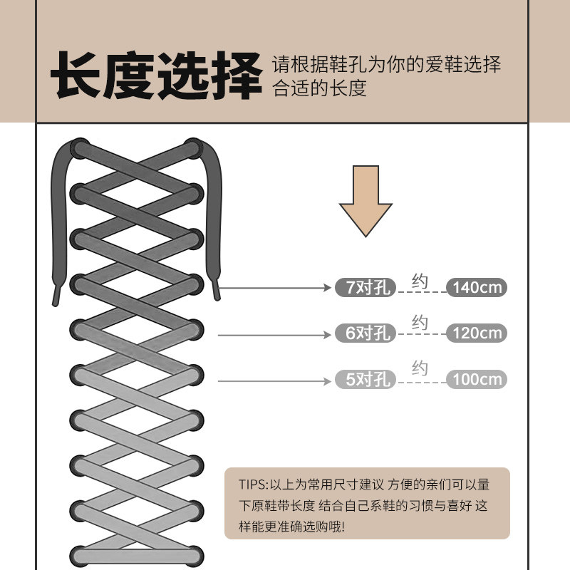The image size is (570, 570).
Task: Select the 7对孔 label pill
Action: pyautogui.click(x=365, y=288)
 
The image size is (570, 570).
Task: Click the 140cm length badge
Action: pyautogui.click(x=477, y=288)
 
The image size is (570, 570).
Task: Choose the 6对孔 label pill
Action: pyautogui.click(x=365, y=333)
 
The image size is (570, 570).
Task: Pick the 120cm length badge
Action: pyautogui.click(x=477, y=333)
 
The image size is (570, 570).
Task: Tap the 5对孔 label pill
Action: pyautogui.click(x=365, y=380)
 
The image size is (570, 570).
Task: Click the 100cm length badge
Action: pyautogui.click(x=477, y=380)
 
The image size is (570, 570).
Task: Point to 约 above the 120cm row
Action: pyautogui.click(x=420, y=324)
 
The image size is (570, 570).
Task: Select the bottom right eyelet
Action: pyautogui.click(x=196, y=553)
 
